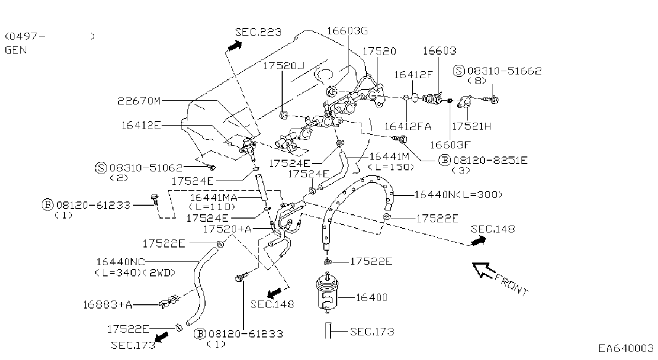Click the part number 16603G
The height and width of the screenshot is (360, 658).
click(x=347, y=31)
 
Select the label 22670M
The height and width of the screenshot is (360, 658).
click(x=139, y=101)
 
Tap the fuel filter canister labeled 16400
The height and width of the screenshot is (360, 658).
click(x=327, y=292)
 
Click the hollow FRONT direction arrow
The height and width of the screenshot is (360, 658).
click(x=483, y=270)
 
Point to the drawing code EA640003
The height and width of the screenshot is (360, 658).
click(x=626, y=348)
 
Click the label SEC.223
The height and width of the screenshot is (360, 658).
click(x=258, y=32)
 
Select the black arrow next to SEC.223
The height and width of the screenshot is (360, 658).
click(x=235, y=46)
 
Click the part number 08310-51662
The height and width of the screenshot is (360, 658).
click(x=504, y=71)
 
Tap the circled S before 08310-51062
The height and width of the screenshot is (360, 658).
click(x=101, y=168)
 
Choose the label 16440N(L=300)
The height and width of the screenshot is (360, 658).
click(x=458, y=194)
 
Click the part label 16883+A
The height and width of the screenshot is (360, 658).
click(x=107, y=305)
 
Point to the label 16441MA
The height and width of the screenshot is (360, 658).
click(x=214, y=198)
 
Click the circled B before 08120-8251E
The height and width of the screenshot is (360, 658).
click(x=444, y=160)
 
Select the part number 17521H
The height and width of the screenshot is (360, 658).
click(x=471, y=126)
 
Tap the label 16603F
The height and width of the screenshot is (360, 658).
click(x=450, y=145)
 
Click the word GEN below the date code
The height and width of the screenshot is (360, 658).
click(x=16, y=50)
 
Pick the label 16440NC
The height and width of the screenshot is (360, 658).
click(x=120, y=261)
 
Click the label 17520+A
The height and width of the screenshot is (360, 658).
click(x=228, y=229)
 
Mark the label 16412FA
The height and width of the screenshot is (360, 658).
click(x=408, y=126)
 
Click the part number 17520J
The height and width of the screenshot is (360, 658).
click(x=283, y=65)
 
